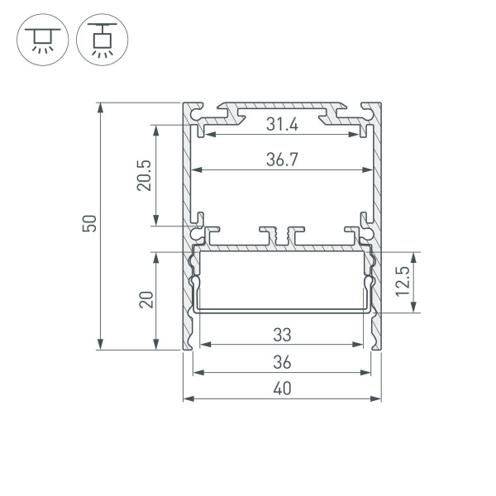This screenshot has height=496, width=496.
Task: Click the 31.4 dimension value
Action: [281, 125]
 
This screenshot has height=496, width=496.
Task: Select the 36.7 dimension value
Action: [281, 161]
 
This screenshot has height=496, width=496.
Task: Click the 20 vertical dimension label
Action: [146, 300]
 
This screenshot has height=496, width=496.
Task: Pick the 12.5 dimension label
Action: [403, 283]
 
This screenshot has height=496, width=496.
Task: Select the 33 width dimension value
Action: [281, 336]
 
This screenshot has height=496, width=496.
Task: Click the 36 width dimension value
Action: [281, 362]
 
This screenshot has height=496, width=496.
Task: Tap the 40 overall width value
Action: [281, 389]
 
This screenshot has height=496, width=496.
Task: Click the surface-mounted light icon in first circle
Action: [39, 39]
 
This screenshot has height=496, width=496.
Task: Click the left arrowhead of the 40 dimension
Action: [187, 398]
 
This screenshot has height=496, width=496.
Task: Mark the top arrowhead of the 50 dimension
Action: [101, 107]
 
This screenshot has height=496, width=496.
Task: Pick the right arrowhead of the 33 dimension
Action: [360, 345]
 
